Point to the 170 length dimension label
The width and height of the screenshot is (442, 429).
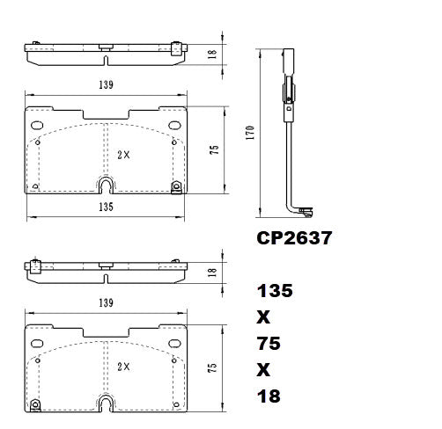tap(250, 133)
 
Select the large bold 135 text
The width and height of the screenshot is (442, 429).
tap(275, 291)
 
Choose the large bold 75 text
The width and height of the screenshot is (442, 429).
tap(269, 344)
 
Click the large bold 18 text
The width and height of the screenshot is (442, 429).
tap(269, 396)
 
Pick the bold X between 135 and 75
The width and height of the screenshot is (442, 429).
tap(263, 317)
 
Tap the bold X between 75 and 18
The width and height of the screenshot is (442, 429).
tap(263, 370)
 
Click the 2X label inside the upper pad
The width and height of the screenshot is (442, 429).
tap(123, 154)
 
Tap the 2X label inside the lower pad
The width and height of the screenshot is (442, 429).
tap(123, 367)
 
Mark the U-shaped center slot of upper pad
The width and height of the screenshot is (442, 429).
tap(105, 185)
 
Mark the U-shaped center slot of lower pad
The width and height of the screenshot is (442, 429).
tap(105, 403)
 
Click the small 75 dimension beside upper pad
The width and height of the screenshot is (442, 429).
tap(213, 150)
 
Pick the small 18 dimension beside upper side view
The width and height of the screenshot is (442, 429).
tap(212, 54)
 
